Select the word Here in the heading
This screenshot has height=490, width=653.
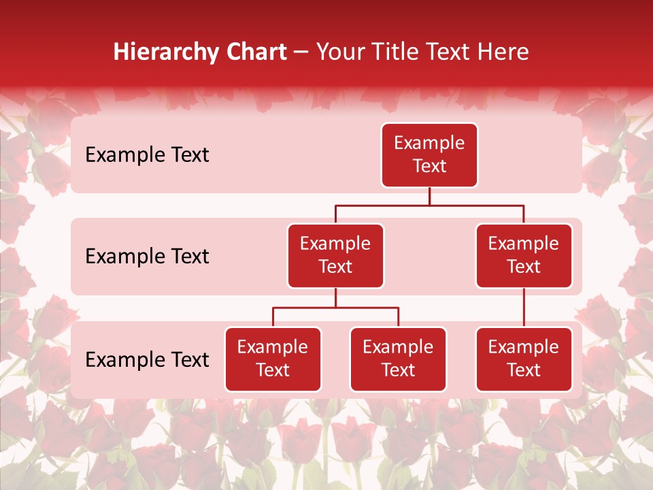coord(503,52)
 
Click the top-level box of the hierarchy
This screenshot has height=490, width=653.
coord(429,154)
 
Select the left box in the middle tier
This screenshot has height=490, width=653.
coord(335,255)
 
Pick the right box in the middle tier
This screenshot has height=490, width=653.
coord(524,255)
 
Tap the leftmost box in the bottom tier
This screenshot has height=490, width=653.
coord(273,359)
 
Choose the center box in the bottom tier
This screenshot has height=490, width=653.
coord(398,359)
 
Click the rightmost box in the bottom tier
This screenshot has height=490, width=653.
coord(524,359)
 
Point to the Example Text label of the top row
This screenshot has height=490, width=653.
coord(147,155)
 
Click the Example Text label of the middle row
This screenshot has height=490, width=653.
coord(147,257)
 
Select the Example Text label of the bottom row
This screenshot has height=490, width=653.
coord(147,360)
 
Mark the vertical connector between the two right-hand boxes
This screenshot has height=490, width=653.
coord(524,308)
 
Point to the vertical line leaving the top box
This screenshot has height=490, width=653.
coord(429,196)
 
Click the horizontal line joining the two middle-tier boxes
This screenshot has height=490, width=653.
coord(429,205)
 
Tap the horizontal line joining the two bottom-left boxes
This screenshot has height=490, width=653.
coord(335,308)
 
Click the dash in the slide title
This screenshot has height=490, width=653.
coord(301,52)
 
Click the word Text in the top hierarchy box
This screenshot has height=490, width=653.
coord(429,166)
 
